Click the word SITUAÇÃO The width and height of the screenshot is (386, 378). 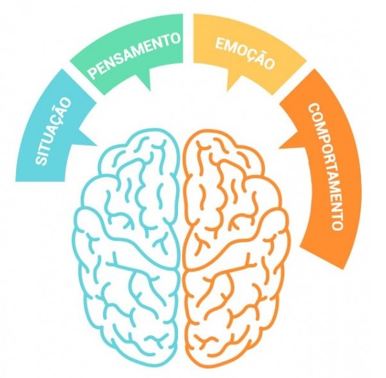54,131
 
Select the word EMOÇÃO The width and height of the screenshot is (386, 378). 245,53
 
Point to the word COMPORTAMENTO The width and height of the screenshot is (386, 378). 325,167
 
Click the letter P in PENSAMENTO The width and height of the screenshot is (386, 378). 93,73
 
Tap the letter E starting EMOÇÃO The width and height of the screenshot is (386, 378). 220,43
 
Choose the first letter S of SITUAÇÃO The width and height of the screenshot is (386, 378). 42,160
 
